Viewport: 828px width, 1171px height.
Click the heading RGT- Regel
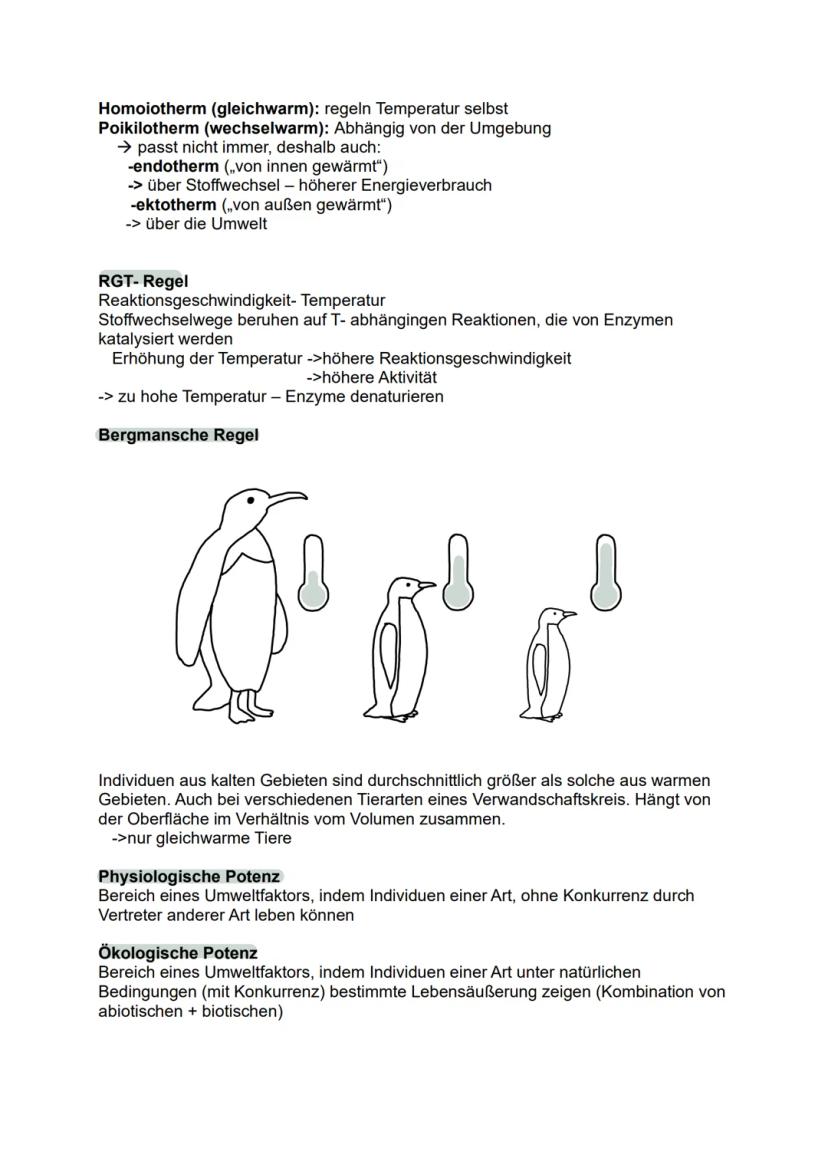pos(143,281)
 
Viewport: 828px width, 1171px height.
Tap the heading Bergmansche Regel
pos(178,435)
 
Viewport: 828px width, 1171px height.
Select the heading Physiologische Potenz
pos(189,876)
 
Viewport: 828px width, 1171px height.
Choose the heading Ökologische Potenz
pos(177,953)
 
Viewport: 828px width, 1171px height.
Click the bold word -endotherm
pos(174,167)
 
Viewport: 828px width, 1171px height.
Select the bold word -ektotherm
pos(174,205)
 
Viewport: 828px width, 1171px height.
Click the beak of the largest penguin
pos(287,497)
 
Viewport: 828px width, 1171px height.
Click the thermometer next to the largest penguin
pos(314,572)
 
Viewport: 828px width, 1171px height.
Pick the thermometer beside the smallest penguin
pos(604,572)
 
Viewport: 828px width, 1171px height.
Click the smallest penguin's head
pos(551,615)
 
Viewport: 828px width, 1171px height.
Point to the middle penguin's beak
pos(427,585)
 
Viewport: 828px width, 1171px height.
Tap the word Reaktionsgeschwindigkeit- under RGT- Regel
pos(197,300)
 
